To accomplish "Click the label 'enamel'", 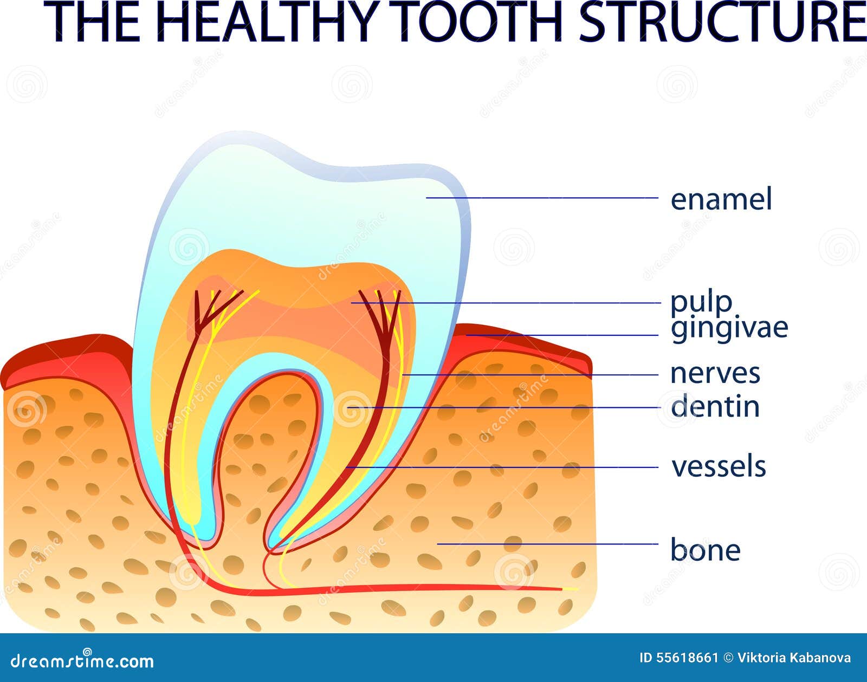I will (721, 199).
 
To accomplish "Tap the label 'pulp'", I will (701, 302).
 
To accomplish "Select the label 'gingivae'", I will (729, 327).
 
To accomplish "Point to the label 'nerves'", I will (715, 373).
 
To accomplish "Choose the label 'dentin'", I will (715, 407).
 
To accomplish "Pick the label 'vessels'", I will (719, 466).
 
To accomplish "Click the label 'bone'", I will (705, 550).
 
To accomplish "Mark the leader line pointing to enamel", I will (542, 198).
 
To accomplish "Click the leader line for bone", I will (547, 543).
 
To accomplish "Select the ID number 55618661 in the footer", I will (678, 658).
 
